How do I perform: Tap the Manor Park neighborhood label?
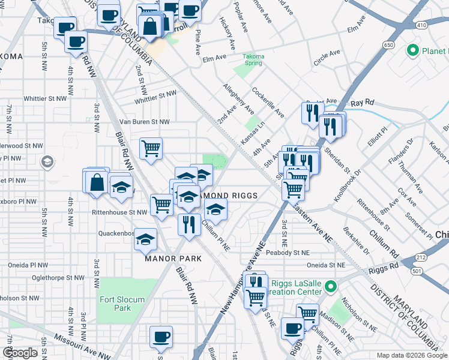(x=169, y=259)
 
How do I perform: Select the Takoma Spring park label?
(x=253, y=60)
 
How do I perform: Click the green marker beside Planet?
(x=412, y=51)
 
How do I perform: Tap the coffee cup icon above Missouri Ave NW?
(x=161, y=337)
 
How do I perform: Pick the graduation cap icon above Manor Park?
(x=145, y=239)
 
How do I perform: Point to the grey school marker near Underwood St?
(x=47, y=162)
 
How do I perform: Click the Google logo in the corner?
(x=20, y=353)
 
